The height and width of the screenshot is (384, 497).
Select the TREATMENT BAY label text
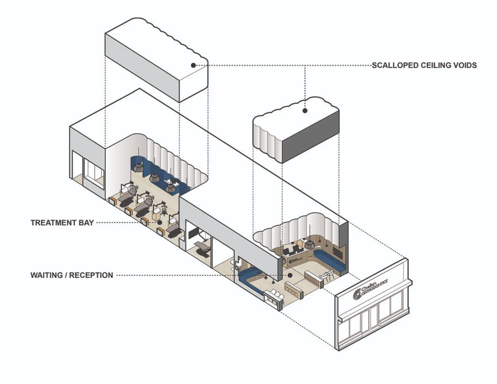click(x=62, y=223)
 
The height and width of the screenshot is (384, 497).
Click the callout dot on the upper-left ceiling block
click(x=194, y=65)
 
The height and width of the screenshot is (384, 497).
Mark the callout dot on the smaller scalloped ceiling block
click(x=305, y=111)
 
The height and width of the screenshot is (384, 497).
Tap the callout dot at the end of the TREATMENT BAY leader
click(x=160, y=222)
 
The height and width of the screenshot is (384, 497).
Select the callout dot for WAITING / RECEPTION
click(x=290, y=275)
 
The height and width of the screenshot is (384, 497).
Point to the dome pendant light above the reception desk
click(x=309, y=244)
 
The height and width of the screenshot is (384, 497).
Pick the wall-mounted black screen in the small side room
click(x=193, y=233)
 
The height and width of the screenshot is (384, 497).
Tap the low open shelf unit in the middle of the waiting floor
click(x=294, y=289)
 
